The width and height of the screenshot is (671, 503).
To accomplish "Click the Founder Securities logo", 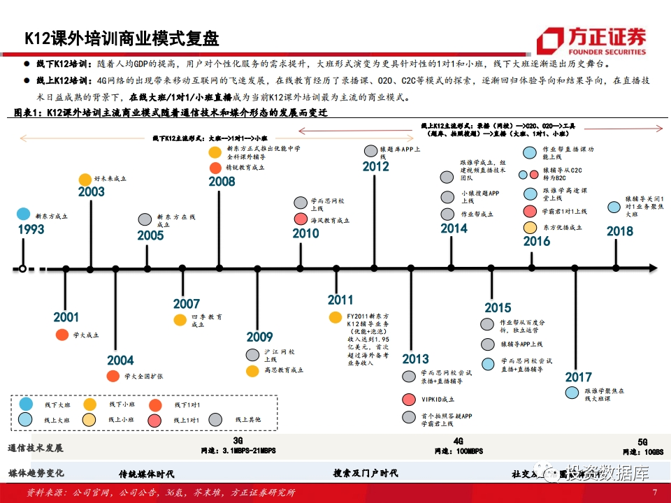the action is pos(591,40).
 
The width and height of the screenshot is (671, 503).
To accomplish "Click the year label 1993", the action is pos(31,230).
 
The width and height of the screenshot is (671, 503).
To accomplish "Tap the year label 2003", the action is pos(92,192).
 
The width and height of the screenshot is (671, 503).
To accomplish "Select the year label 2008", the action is pos(222,182).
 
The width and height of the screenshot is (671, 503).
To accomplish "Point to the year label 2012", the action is pos(375,166).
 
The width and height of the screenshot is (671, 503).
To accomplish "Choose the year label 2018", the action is pos(620,232).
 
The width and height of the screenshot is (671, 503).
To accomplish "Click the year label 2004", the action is pos(120,360).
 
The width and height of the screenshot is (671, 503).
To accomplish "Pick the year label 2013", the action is pos(415,359).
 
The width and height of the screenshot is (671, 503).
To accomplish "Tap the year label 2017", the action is pos(578,377).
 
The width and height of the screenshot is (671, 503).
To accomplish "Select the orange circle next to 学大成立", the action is pos(62,335).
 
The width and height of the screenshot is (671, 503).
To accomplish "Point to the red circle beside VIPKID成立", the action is pos(409,399).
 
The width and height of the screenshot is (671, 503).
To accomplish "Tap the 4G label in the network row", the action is pos(459,442).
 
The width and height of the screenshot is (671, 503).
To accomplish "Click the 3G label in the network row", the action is pos(238,441).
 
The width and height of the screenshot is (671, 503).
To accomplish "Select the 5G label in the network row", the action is pos(643,442).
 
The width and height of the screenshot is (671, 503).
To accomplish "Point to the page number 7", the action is pos(655,493).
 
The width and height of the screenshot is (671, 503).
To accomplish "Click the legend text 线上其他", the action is pos(248,419).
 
